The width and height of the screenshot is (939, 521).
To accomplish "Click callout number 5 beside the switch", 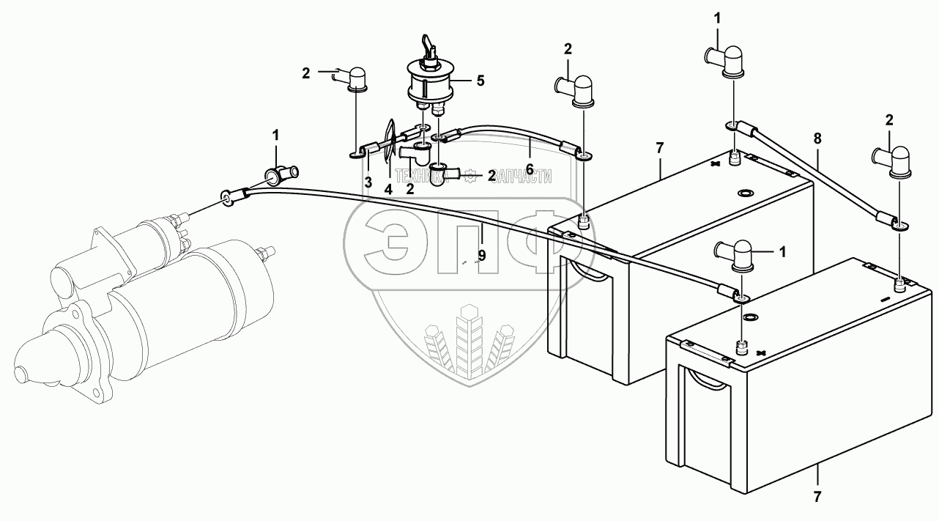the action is [480, 81].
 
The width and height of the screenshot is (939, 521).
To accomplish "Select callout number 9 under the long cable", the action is [481, 256].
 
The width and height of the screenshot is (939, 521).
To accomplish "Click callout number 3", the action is [368, 181].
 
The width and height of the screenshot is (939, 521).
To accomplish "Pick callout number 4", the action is [388, 188].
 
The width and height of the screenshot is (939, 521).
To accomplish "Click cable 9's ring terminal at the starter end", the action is [226, 198].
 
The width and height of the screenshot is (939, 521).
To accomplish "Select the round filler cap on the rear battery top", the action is [744, 193].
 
